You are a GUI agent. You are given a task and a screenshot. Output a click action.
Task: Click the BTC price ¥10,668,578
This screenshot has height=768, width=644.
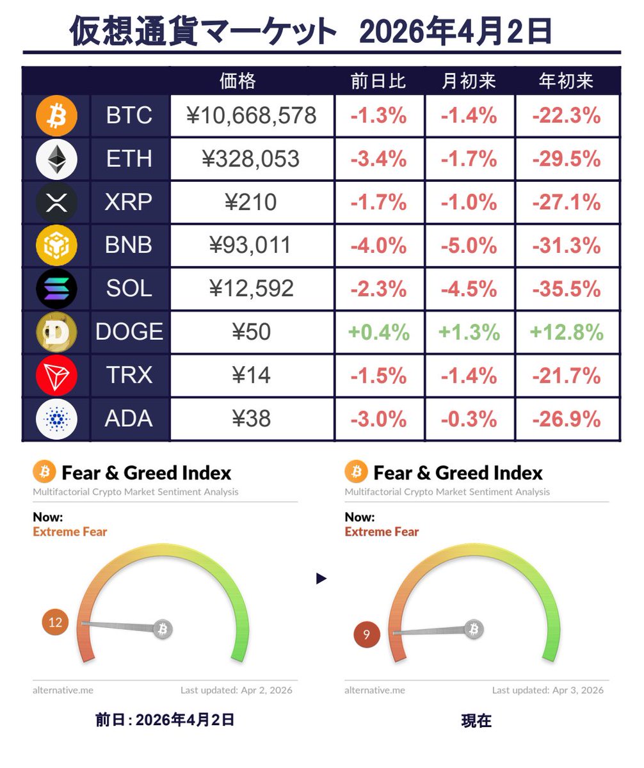pos(252,116)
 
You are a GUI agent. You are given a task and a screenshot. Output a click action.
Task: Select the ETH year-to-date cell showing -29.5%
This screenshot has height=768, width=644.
pos(567,159)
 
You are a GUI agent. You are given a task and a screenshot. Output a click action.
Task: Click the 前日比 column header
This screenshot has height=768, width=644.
pos(378,81)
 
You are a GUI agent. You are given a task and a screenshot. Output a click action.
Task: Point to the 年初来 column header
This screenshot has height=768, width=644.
pos(567,81)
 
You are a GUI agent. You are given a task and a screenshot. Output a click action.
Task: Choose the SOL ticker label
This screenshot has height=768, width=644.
pos(129,289)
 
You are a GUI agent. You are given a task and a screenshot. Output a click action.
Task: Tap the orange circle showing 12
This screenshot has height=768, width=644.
pos(55,623)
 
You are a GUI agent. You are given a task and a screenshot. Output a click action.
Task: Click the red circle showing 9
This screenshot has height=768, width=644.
pos(367,635)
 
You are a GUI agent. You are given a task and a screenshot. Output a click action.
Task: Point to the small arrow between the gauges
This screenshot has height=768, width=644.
pos(321,579)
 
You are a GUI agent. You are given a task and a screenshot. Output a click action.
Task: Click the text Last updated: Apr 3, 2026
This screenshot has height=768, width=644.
pos(547,691)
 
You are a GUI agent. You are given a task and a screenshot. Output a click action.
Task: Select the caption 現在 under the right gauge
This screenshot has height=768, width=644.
pos(476,721)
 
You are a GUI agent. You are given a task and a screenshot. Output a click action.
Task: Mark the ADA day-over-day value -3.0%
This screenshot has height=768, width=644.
pos(378,419)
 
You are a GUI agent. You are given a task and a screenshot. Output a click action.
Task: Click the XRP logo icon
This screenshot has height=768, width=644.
pos(56,202)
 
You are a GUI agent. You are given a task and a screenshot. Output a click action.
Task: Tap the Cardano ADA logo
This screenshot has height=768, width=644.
pos(56,419)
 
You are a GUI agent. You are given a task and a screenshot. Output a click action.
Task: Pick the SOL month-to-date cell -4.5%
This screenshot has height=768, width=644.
pos(469,289)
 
